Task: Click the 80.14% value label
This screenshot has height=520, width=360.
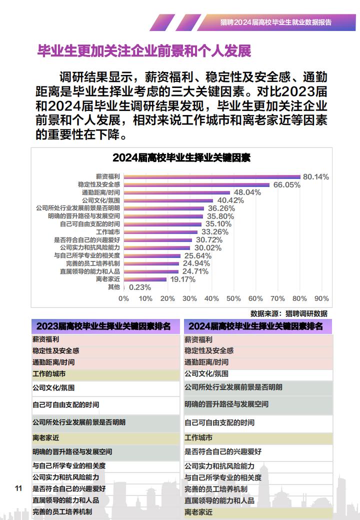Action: pyautogui.click(x=316, y=177)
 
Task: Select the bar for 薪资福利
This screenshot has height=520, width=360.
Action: pyautogui.click(x=212, y=177)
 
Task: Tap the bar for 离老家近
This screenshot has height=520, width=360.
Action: pyautogui.click(x=145, y=279)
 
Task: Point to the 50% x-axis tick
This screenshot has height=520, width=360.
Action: pyautogui.click(x=233, y=298)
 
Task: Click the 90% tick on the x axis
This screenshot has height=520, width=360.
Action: pyautogui.click(x=321, y=298)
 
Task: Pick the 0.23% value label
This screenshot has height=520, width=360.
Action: pyautogui.click(x=140, y=287)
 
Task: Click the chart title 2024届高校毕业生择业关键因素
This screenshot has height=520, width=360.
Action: pyautogui.click(x=181, y=157)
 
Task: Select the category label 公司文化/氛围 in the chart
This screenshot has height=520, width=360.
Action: pyautogui.click(x=101, y=200)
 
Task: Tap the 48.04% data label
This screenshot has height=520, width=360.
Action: pyautogui.click(x=247, y=192)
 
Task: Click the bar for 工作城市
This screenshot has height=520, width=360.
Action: pyautogui.click(x=161, y=232)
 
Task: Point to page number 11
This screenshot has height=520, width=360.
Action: pyautogui.click(x=18, y=488)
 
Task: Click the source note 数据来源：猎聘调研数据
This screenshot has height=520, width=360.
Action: pyautogui.click(x=288, y=313)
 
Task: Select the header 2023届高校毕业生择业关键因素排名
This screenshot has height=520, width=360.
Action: pyautogui.click(x=103, y=326)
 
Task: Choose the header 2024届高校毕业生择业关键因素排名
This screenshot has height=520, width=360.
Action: pyautogui.click(x=255, y=326)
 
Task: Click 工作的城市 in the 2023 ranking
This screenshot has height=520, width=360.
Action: pyautogui.click(x=49, y=374)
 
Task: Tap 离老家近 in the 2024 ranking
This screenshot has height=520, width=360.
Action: pyautogui.click(x=198, y=512)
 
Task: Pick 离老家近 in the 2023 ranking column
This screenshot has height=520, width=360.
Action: pyautogui.click(x=45, y=438)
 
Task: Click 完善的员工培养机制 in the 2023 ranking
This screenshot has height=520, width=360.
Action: pyautogui.click(x=62, y=511)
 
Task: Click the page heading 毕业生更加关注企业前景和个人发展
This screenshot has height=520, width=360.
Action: pyautogui.click(x=144, y=51)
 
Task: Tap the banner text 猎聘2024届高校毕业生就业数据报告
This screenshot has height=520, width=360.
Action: pyautogui.click(x=276, y=22)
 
